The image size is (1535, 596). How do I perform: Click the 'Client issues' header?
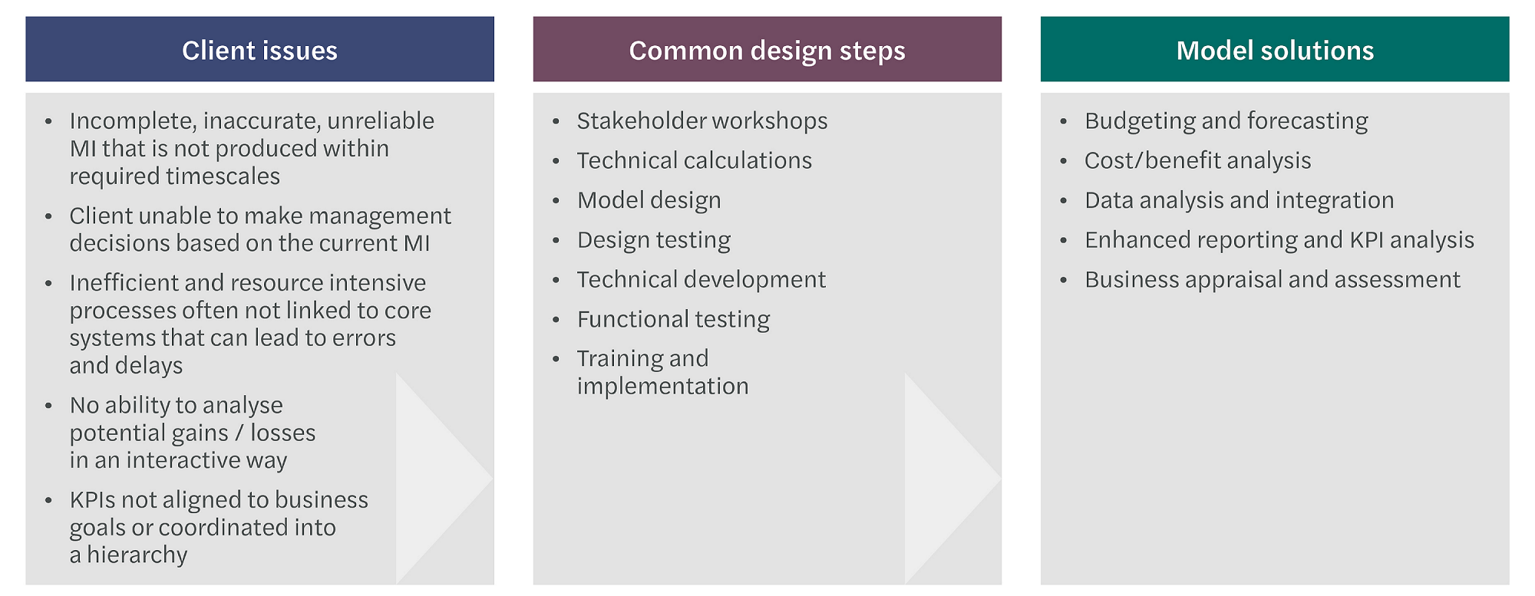(x=259, y=50)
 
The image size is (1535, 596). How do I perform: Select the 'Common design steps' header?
(x=767, y=50)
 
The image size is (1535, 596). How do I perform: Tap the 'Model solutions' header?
(x=1275, y=50)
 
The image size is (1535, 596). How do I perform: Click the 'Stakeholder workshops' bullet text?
(x=702, y=121)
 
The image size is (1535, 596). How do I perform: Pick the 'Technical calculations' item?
(x=694, y=160)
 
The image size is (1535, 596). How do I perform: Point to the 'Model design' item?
(x=649, y=200)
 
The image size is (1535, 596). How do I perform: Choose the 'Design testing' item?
(x=653, y=240)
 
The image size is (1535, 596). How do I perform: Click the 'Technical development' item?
(x=701, y=279)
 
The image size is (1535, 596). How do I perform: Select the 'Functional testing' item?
(x=673, y=319)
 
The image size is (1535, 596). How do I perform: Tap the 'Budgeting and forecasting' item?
(x=1226, y=121)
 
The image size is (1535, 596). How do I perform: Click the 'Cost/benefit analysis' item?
(x=1197, y=160)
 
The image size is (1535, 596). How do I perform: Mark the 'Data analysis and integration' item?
(x=1239, y=200)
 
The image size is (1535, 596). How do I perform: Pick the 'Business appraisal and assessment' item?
(x=1272, y=279)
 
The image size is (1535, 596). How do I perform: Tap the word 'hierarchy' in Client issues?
(x=137, y=555)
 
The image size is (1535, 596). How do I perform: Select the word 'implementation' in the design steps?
(x=662, y=386)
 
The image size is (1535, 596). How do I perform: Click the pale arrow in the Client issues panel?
(x=437, y=479)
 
